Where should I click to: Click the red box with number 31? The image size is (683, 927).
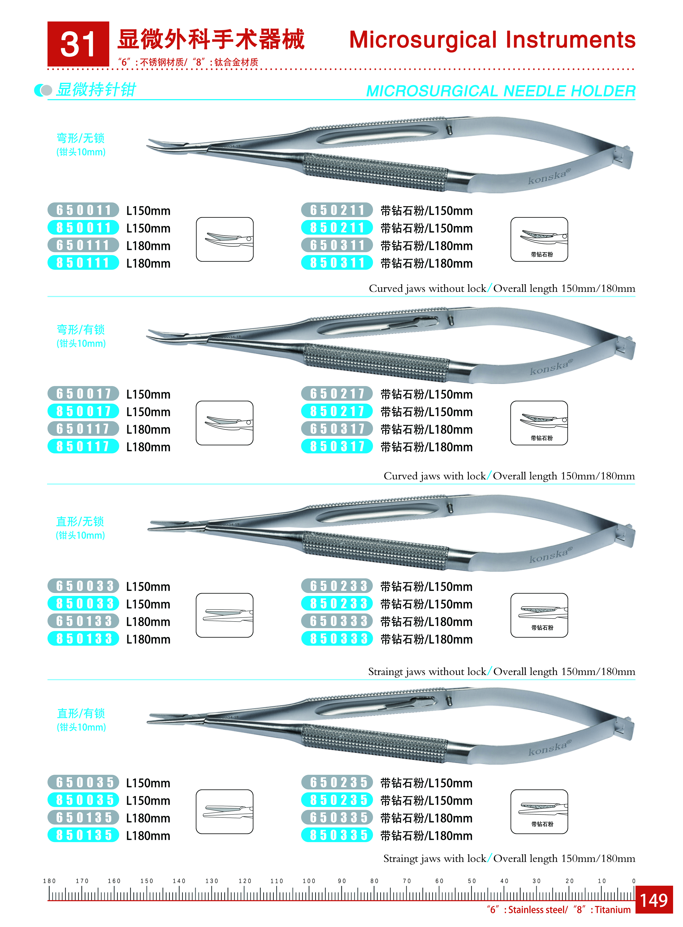point(78,44)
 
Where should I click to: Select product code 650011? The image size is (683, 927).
point(83,210)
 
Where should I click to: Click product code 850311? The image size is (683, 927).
point(337,263)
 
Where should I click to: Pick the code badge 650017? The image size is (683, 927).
point(83,394)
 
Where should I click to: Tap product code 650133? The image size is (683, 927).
point(83,621)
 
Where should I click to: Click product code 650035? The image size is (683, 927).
point(83,782)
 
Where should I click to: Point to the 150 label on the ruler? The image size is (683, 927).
point(147,881)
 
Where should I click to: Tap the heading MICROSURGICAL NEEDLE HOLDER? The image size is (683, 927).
point(501,91)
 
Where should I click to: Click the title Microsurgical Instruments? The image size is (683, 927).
point(492,40)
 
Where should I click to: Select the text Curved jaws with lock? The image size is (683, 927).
point(435,476)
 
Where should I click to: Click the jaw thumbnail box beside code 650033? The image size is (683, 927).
point(224,615)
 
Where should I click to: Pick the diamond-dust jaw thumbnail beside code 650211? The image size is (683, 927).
point(539,239)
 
